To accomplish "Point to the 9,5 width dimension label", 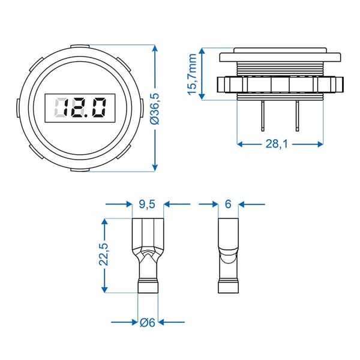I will [x=146, y=205].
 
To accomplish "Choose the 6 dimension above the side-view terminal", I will [x=227, y=205].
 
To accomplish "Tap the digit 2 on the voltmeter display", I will [x=81, y=109].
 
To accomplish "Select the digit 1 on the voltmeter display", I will [x=68, y=109].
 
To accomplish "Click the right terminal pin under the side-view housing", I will [x=298, y=116].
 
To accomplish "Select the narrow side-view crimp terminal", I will [x=227, y=255].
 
